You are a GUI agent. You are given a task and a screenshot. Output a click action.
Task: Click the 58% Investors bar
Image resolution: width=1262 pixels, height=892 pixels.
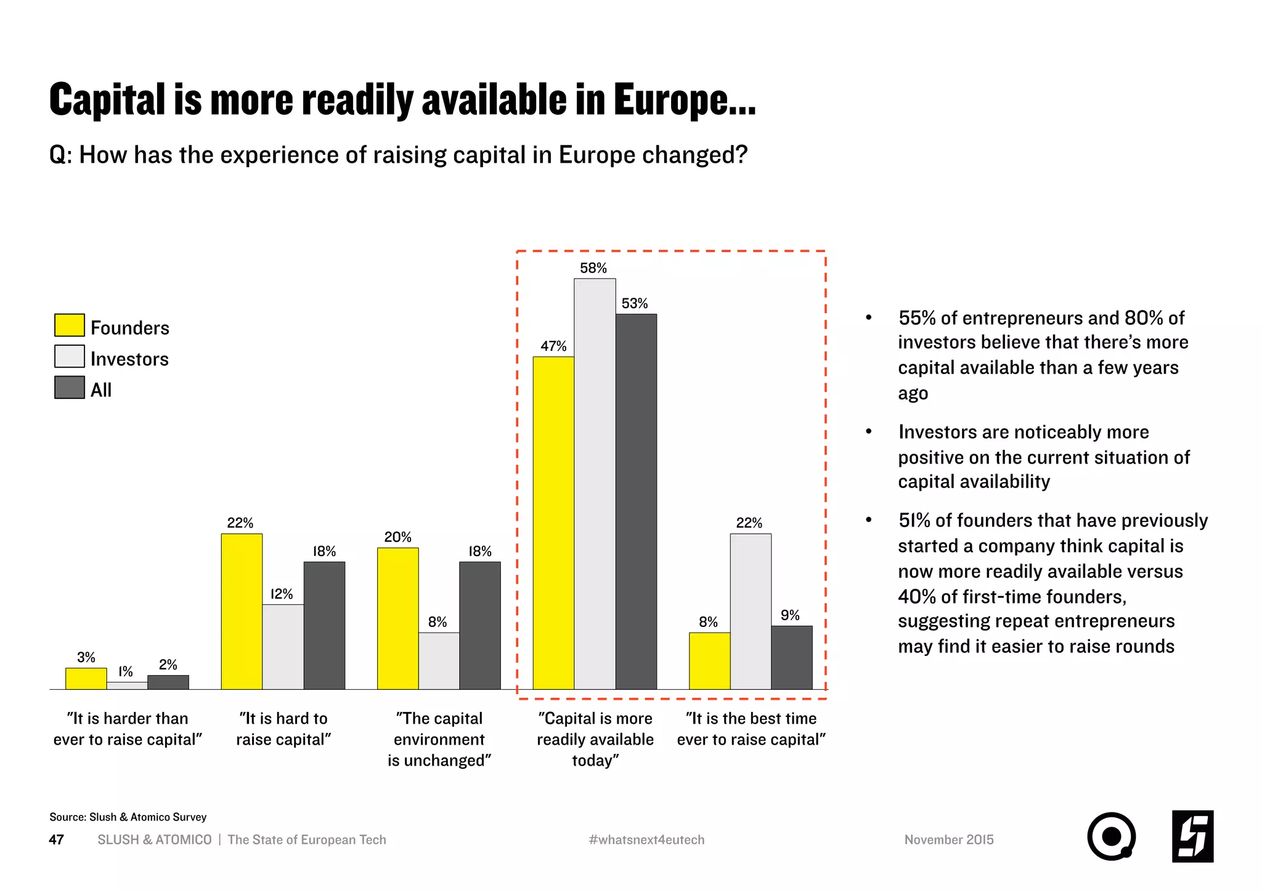pyautogui.click(x=595, y=484)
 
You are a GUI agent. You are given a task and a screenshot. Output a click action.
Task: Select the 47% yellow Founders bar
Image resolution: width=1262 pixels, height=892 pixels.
pyautogui.click(x=553, y=523)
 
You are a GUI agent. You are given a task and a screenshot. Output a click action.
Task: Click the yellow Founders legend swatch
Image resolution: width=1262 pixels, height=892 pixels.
pyautogui.click(x=70, y=325)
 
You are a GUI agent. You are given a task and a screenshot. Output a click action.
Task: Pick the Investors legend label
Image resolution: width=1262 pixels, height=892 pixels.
pyautogui.click(x=129, y=359)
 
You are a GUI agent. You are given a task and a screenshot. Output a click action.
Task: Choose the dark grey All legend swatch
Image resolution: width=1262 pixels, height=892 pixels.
pyautogui.click(x=70, y=388)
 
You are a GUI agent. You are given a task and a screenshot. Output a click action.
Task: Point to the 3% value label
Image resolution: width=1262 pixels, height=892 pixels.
pyautogui.click(x=86, y=658)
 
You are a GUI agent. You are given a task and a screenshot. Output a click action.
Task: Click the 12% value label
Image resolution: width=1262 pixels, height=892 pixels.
pyautogui.click(x=282, y=594)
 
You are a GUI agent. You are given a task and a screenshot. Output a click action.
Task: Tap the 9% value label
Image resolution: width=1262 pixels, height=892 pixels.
pyautogui.click(x=790, y=615)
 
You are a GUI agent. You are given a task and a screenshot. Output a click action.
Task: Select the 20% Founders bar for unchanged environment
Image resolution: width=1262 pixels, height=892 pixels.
pyautogui.click(x=398, y=618)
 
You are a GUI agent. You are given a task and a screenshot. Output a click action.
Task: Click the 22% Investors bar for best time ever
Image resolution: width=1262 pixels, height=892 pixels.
pyautogui.click(x=751, y=612)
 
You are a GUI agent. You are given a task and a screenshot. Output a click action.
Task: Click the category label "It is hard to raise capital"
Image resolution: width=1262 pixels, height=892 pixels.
pyautogui.click(x=283, y=729)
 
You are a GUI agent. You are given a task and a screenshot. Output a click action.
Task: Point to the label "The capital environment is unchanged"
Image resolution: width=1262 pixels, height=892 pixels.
pyautogui.click(x=439, y=739)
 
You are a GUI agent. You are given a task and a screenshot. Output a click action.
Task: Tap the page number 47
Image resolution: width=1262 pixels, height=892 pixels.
pyautogui.click(x=56, y=840)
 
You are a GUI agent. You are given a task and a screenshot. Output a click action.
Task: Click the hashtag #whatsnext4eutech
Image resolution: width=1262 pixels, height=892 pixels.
pyautogui.click(x=646, y=840)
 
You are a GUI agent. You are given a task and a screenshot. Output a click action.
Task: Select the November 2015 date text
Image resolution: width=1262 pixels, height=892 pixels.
pyautogui.click(x=949, y=840)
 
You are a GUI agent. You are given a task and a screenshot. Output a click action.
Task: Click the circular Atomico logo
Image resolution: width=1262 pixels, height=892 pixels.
pyautogui.click(x=1111, y=837)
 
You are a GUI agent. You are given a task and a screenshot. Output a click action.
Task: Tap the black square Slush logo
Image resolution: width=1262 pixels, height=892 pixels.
pyautogui.click(x=1192, y=837)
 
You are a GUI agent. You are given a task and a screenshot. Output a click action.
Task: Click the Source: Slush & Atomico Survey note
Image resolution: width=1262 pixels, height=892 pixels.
pyautogui.click(x=128, y=817)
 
